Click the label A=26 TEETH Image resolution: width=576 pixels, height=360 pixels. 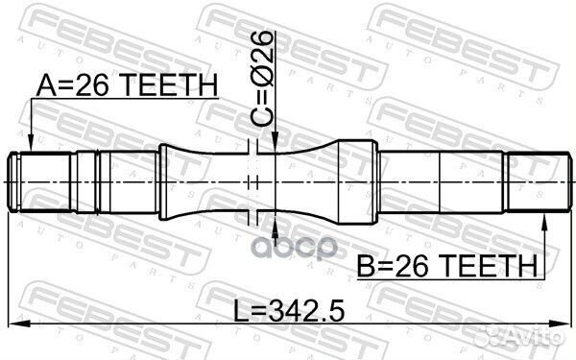[x=127, y=85]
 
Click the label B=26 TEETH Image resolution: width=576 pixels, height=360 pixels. [x=447, y=265]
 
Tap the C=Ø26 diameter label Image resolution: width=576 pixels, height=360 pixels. [x=261, y=79]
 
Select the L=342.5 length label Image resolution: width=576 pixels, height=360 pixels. [x=289, y=311]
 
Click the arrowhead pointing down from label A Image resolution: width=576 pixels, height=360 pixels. [x=32, y=142]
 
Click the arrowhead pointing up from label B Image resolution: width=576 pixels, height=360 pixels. [x=544, y=224]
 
